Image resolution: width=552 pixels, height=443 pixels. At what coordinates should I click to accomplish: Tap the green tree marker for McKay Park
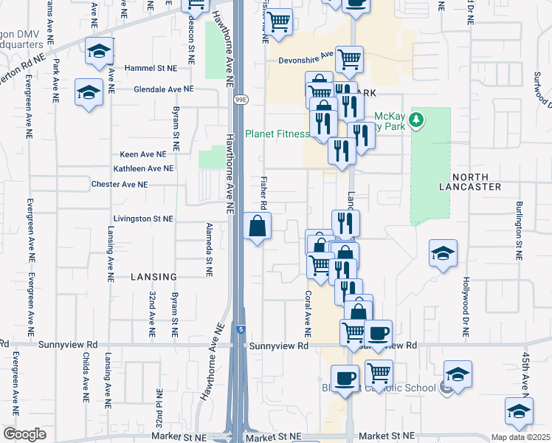coord(416,120)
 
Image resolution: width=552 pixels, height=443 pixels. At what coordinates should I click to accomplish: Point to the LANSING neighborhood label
coord(153,277)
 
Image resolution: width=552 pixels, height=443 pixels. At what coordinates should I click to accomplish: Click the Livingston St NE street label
coord(143,219)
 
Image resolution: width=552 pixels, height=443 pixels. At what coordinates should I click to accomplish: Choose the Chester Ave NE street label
coord(120,184)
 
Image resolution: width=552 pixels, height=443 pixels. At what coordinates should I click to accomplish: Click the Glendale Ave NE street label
coord(163,89)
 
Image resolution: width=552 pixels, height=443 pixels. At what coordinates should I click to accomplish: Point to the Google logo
coord(24,434)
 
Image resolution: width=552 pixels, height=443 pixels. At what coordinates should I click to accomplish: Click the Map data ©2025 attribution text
coord(521,437)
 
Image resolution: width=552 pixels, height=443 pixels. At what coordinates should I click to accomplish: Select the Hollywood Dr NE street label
coord(466,308)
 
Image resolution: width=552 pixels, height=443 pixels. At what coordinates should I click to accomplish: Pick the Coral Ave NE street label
coord(308,309)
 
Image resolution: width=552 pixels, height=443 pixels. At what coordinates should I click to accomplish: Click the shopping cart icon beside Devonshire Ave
coord(350,58)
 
